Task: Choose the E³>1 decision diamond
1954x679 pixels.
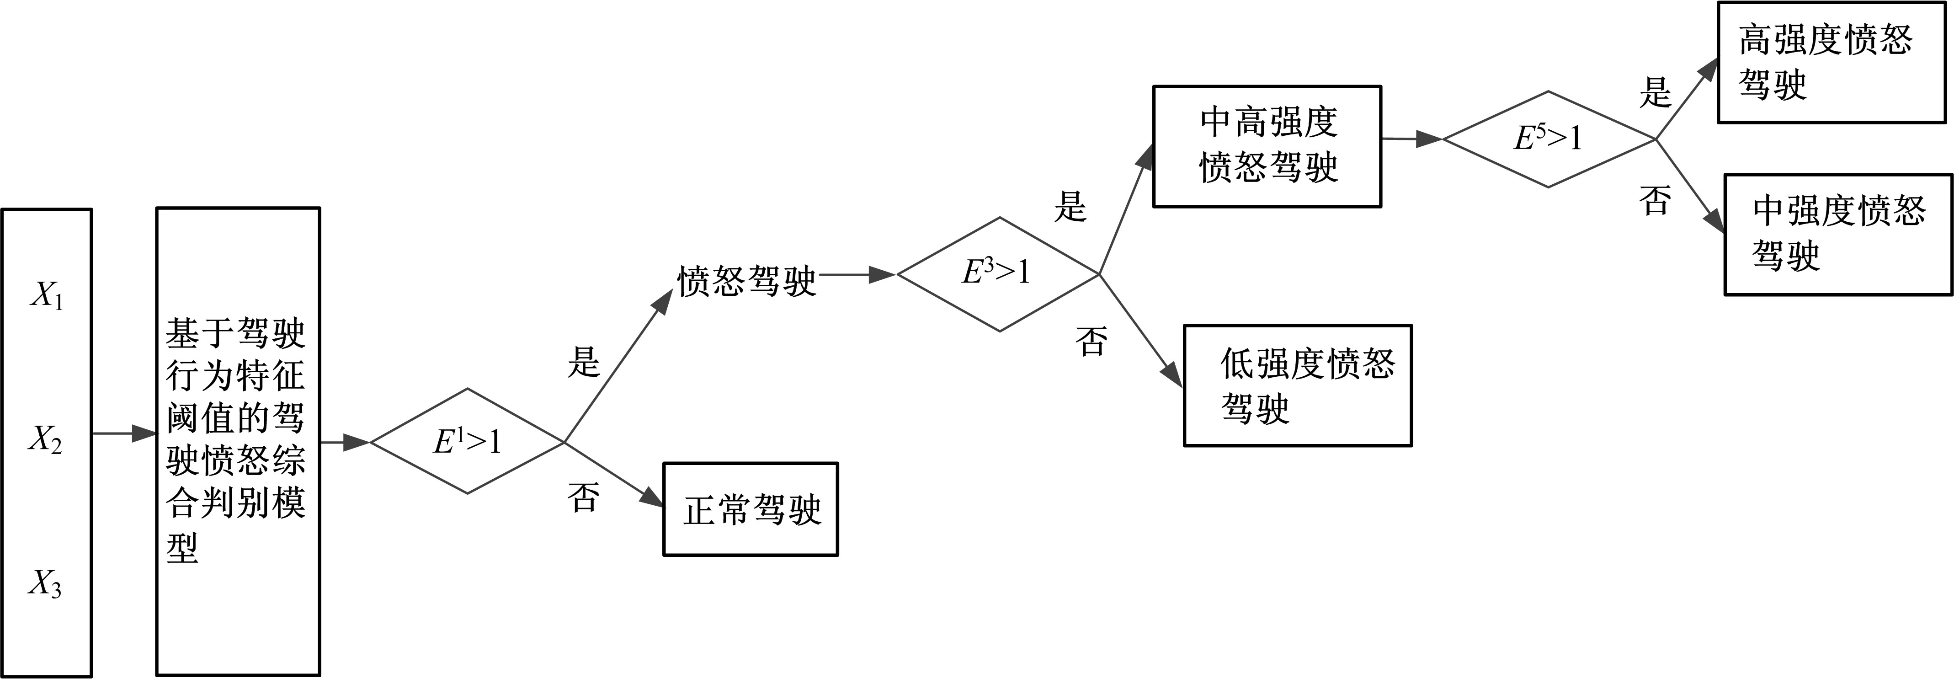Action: click(x=998, y=274)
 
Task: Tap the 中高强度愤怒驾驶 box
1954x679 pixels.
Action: click(x=1267, y=146)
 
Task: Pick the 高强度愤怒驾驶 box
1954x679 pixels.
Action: click(x=1831, y=62)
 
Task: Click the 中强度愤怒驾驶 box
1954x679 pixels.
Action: click(x=1838, y=234)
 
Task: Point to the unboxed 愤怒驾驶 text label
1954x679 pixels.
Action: click(x=746, y=281)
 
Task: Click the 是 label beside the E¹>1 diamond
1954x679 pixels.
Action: click(x=583, y=361)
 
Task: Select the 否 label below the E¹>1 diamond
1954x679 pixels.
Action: click(x=583, y=497)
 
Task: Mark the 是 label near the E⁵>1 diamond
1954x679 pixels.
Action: click(x=1655, y=92)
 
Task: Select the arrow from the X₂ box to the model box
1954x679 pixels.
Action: click(x=124, y=433)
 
